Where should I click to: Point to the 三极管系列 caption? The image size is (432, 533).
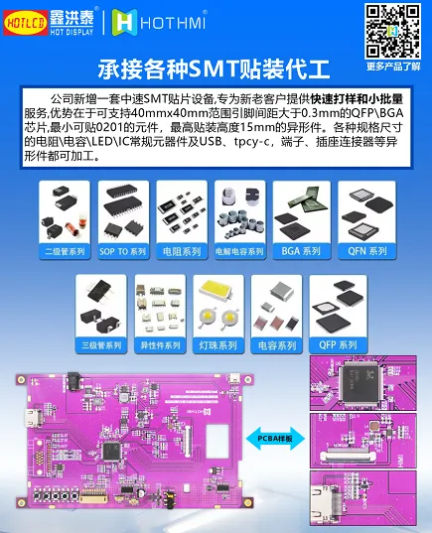click(100, 345)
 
